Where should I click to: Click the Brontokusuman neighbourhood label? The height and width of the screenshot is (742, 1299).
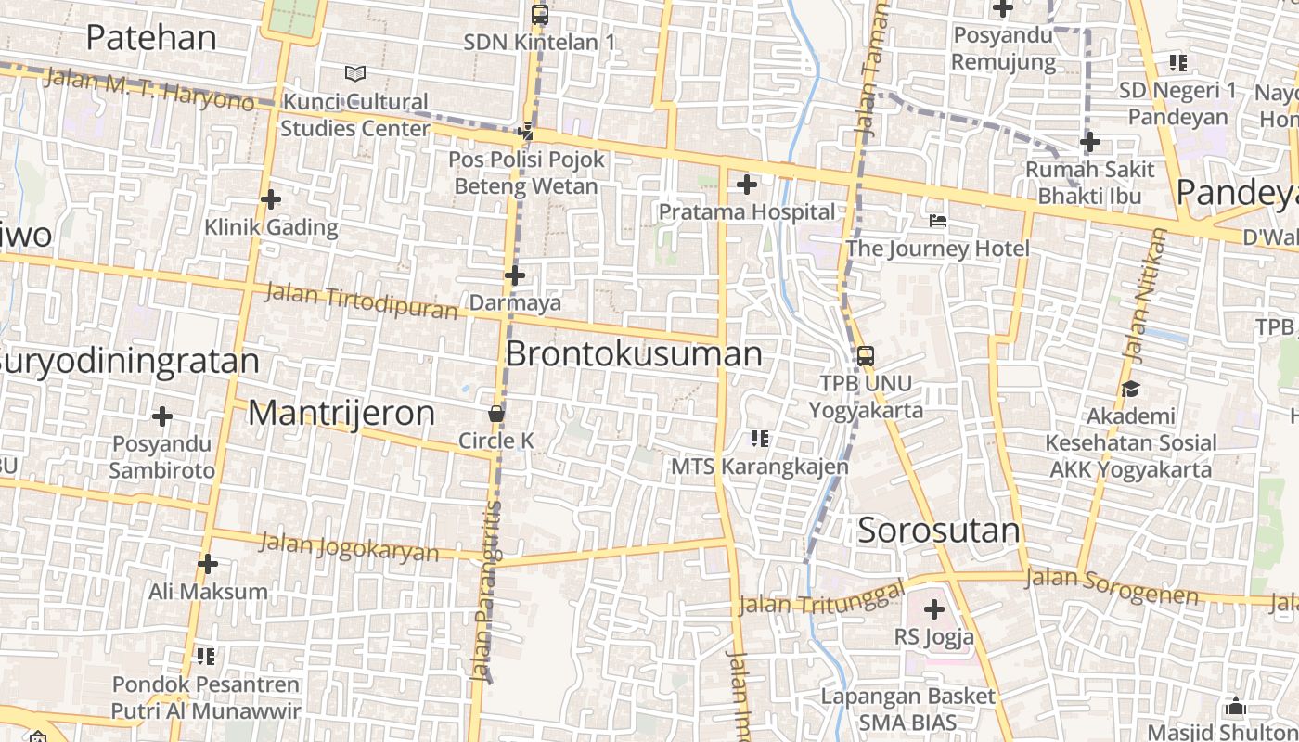(x=634, y=353)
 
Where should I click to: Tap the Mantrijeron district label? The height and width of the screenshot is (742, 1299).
(x=341, y=413)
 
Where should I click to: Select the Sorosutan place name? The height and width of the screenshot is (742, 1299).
(x=938, y=531)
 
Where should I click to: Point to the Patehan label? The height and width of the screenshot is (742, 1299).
(x=151, y=37)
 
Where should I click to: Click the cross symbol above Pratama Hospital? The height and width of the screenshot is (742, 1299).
(x=746, y=185)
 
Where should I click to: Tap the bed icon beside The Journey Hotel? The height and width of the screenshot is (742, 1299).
(x=938, y=221)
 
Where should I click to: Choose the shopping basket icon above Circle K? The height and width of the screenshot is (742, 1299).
(x=496, y=414)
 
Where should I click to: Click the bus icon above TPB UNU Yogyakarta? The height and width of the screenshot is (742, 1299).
(x=865, y=355)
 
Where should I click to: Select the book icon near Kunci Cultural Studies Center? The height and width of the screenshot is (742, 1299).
(x=354, y=73)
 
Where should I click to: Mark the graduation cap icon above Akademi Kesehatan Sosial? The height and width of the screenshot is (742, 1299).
(x=1130, y=389)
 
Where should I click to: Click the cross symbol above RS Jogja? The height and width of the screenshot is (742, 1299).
(x=934, y=609)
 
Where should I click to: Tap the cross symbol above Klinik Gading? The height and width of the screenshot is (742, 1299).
(x=271, y=199)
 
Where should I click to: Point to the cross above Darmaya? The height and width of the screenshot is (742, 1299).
(x=515, y=275)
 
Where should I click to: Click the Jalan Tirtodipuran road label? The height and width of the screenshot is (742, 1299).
(x=361, y=301)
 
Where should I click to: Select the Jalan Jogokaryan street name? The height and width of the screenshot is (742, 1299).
(x=349, y=546)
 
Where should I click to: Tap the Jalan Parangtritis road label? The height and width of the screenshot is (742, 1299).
(x=486, y=594)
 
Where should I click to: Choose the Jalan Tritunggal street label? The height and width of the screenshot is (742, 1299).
(x=821, y=598)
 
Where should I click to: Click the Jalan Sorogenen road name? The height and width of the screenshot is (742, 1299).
(x=1112, y=585)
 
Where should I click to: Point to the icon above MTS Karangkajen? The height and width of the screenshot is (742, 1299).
(x=760, y=438)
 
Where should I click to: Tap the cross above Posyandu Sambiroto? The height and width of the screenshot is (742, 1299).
(x=162, y=416)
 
